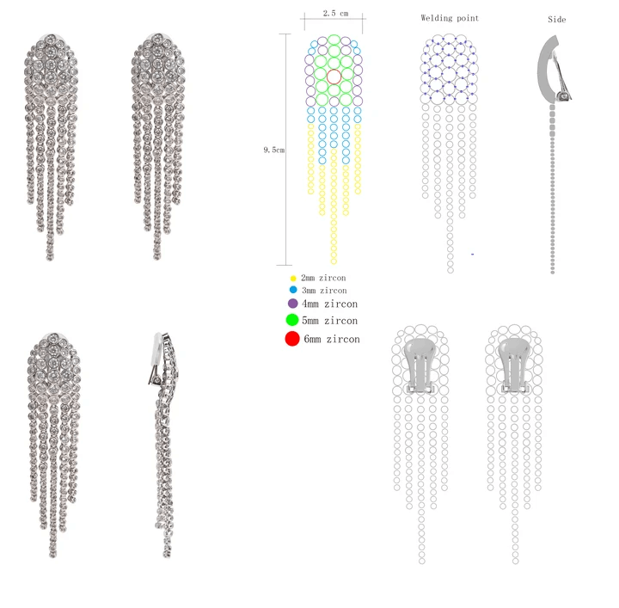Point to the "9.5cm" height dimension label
pos(274,150)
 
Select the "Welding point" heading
pos(450,18)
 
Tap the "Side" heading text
pos(557,20)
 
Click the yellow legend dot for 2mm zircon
pos(293,279)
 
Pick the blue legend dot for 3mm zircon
pos(293,291)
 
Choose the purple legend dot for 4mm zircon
pos(293,304)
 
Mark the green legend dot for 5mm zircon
pos(292,320)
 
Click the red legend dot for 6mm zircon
pos(292,339)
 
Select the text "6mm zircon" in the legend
pos(332,339)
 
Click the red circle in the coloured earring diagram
pos(334,77)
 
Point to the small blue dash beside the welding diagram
pos(472,255)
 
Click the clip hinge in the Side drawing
pos(563,95)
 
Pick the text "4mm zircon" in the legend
pos(329,304)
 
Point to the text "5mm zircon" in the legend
pos(329,321)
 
